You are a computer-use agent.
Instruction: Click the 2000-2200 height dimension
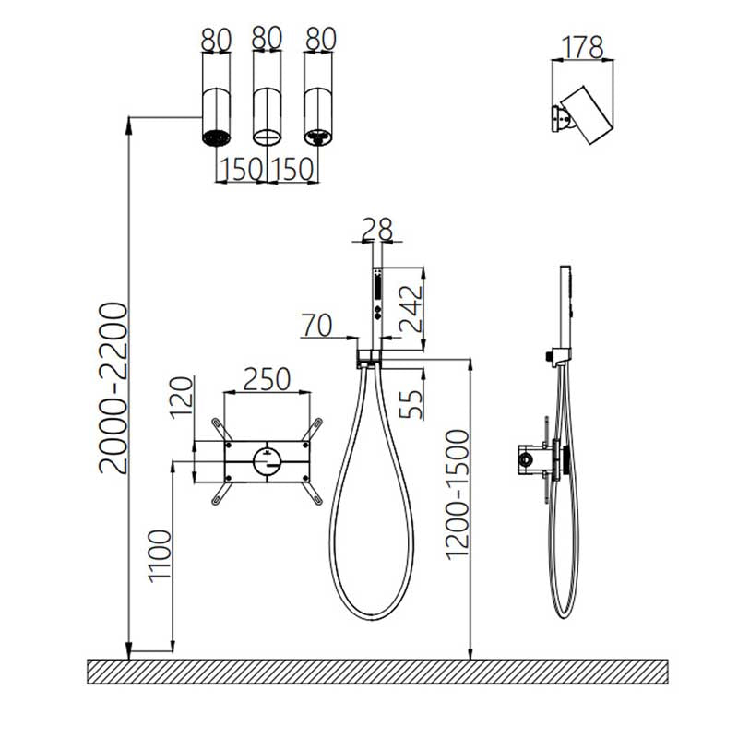[x=113, y=388]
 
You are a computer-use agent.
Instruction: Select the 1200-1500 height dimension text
[x=457, y=495]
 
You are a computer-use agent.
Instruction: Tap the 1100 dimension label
[x=160, y=556]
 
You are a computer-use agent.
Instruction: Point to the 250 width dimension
[x=267, y=379]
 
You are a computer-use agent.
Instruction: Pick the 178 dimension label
[x=583, y=47]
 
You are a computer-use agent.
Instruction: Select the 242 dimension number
[x=411, y=309]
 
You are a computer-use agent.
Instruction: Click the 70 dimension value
[x=317, y=325]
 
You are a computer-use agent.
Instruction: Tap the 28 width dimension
[x=377, y=229]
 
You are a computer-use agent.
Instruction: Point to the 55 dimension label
[x=411, y=404]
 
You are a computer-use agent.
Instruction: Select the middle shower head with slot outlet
[x=268, y=117]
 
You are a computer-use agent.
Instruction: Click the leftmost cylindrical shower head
[x=217, y=117]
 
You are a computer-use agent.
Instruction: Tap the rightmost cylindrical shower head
[x=318, y=117]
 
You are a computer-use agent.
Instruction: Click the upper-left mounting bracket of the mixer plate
[x=220, y=429]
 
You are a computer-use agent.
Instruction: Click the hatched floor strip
[x=377, y=672]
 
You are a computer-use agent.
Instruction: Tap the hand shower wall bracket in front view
[x=369, y=359]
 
